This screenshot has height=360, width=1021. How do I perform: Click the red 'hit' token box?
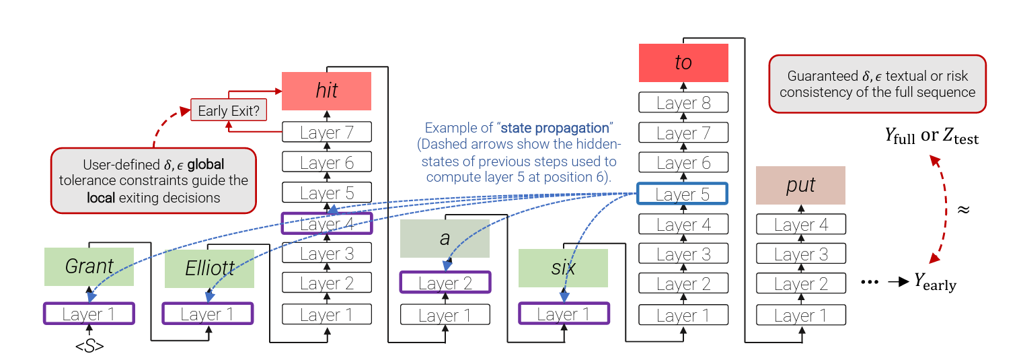327,91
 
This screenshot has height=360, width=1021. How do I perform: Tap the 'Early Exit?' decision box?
229,110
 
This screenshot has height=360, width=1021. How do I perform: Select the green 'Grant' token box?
89,266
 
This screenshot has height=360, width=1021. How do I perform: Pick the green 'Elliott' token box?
209,268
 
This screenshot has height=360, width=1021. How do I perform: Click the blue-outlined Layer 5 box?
682,194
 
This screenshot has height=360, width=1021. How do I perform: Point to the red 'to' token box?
683,63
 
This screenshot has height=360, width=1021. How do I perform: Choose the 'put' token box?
800,186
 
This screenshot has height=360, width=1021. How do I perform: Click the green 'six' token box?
563,268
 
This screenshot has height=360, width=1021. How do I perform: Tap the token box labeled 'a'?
445,238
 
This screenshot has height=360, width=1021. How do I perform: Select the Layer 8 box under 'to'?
683,103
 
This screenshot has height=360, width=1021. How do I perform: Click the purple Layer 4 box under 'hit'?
327,223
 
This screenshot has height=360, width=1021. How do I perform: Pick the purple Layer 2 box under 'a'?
445,283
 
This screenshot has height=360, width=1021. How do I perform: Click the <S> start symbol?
89,347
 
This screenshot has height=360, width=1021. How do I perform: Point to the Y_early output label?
934,283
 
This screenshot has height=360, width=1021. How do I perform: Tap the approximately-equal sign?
963,209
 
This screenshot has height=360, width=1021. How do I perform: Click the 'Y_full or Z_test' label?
931,136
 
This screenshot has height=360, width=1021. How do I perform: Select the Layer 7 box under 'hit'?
327,133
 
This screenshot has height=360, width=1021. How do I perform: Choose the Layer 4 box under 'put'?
800,224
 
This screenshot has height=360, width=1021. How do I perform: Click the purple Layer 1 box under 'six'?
564,314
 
